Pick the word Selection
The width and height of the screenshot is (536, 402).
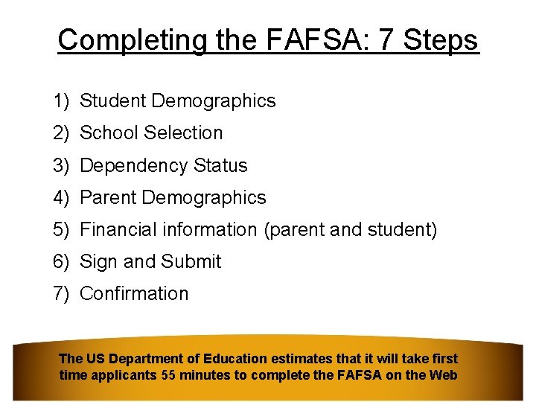pyautogui.click(x=183, y=133)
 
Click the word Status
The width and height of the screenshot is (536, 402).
pyautogui.click(x=220, y=165)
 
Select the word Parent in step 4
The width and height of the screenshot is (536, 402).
pyautogui.click(x=107, y=197)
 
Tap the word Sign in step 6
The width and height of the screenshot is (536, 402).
pyautogui.click(x=95, y=262)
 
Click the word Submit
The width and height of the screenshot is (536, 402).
pyautogui.click(x=191, y=262)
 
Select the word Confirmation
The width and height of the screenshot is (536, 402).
pyautogui.click(x=134, y=294)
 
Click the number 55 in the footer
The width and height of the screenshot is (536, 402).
pyautogui.click(x=169, y=375)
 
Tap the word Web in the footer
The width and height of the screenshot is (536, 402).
pyautogui.click(x=444, y=375)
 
